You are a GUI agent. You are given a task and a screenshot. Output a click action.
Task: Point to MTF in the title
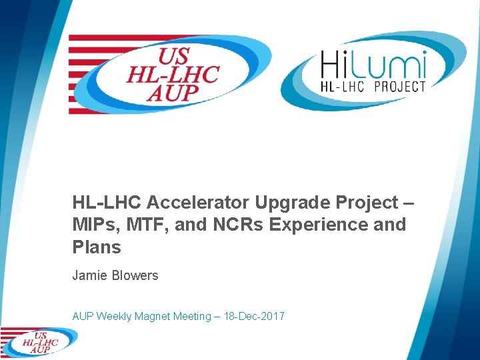(143, 225)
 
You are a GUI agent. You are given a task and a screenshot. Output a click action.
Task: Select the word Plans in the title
(97, 247)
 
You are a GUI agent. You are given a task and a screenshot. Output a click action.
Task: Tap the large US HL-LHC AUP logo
(170, 74)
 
